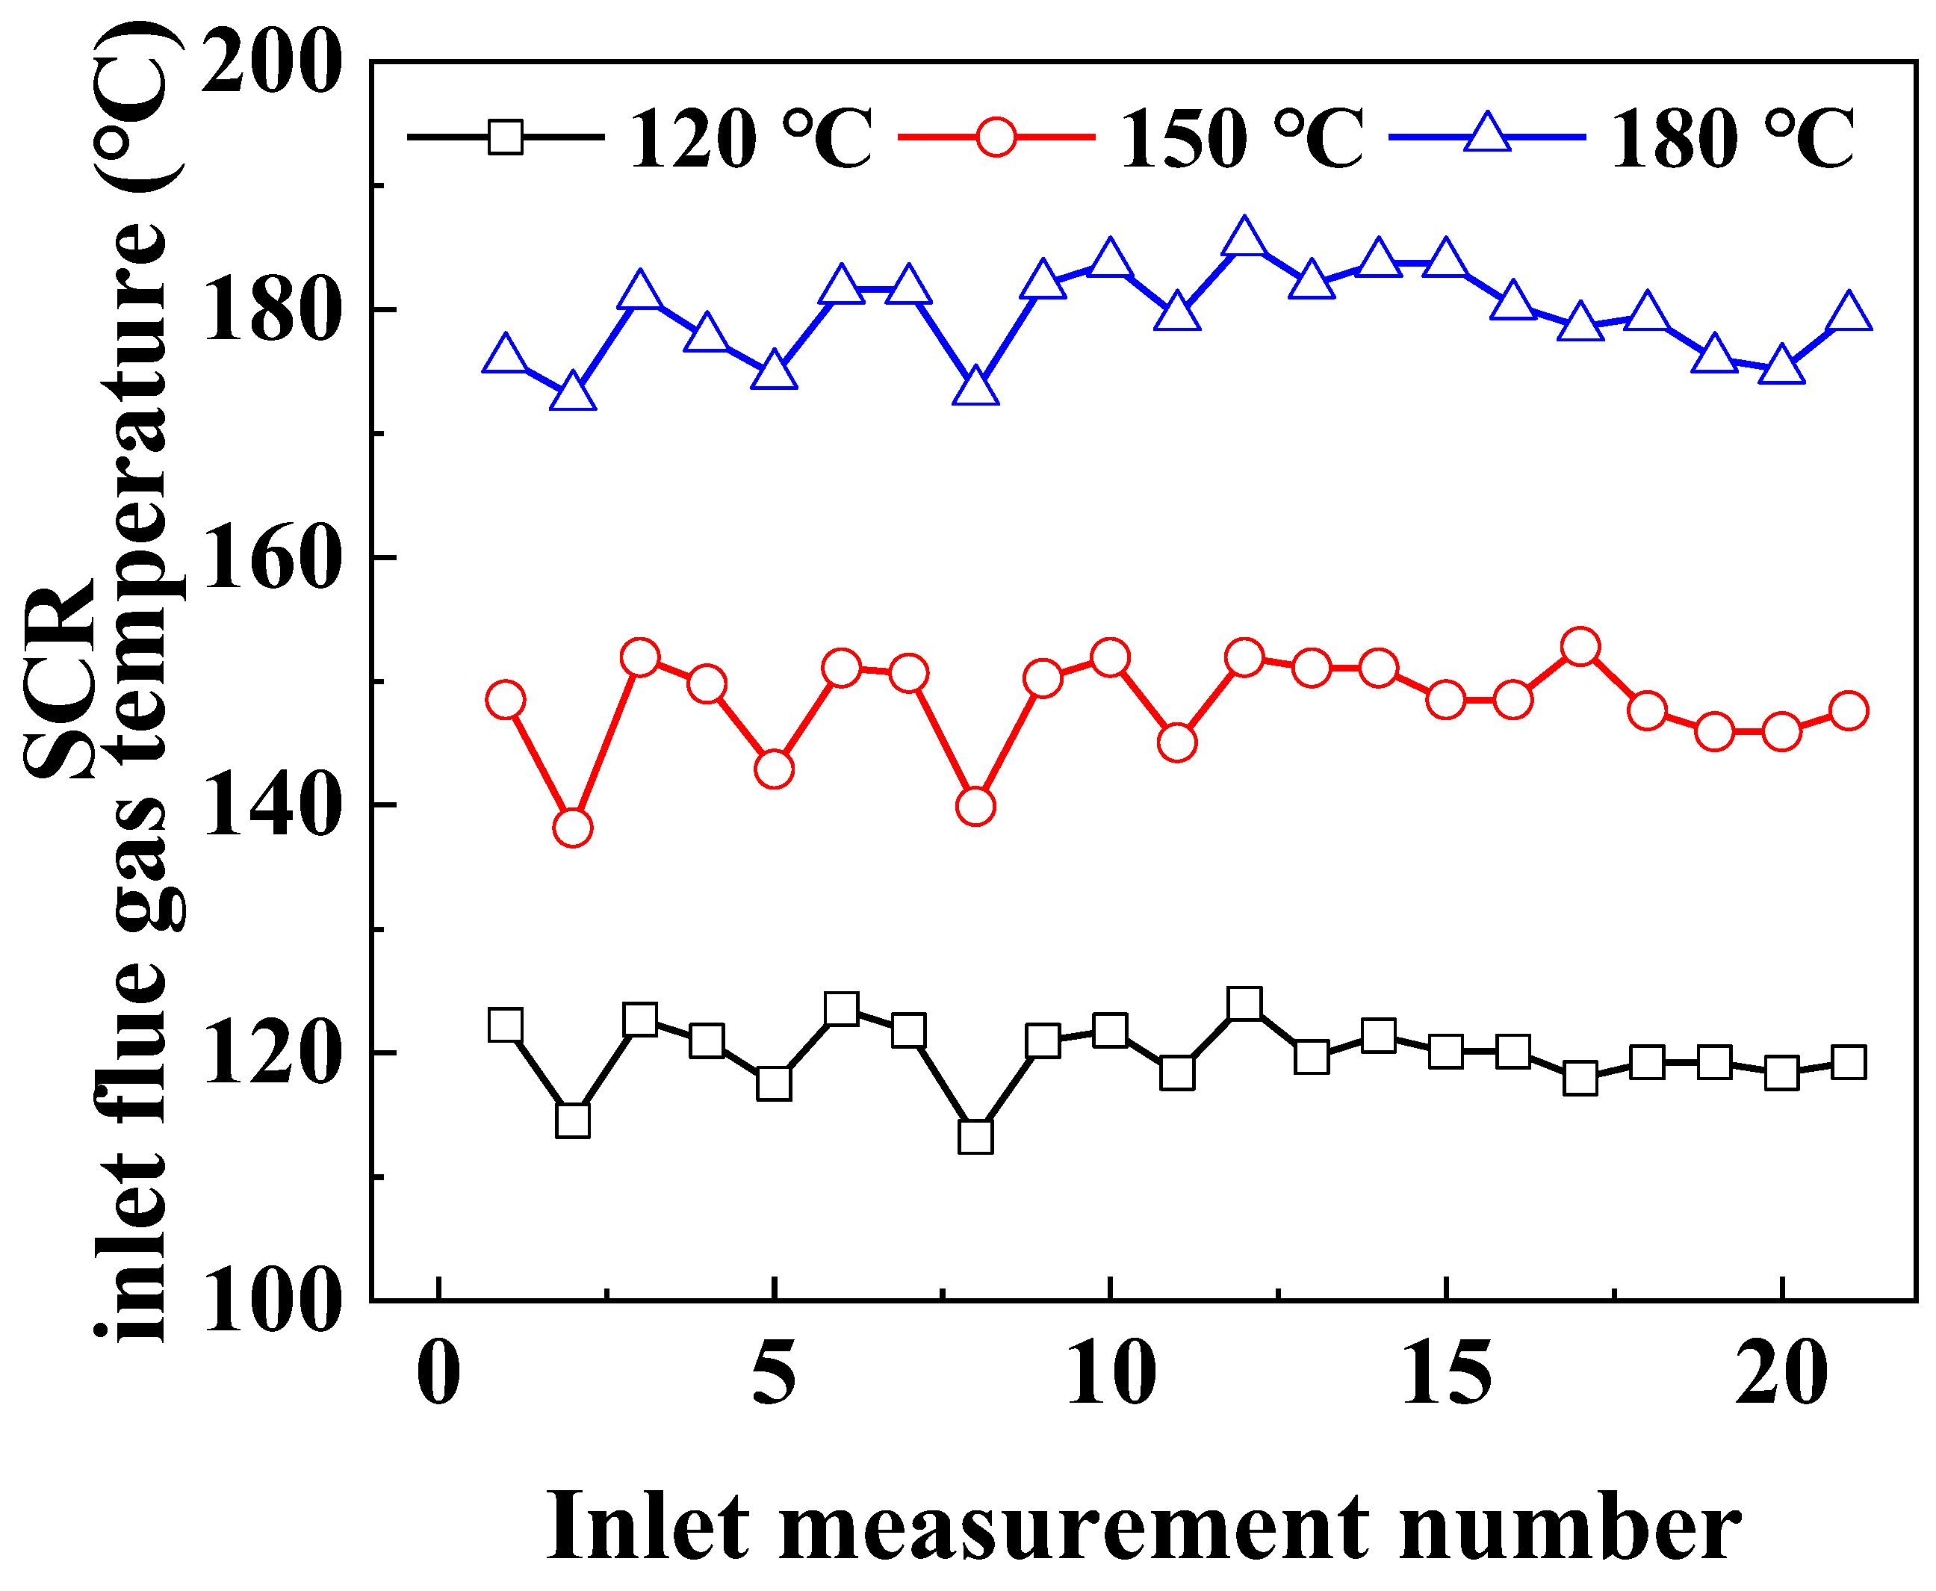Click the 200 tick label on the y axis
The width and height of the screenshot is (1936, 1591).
271,64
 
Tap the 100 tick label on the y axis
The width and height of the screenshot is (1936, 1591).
271,1301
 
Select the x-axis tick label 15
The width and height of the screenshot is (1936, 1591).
1446,1374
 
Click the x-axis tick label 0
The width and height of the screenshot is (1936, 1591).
439,1374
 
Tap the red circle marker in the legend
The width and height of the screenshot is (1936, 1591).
996,137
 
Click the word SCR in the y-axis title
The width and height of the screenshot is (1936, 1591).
60,678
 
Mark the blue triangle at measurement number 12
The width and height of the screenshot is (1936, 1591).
1244,239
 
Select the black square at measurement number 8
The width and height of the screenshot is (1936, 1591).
975,1136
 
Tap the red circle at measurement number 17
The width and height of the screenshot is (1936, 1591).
1580,647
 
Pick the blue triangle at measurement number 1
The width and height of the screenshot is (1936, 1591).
505,356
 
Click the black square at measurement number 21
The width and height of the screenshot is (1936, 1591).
1848,1062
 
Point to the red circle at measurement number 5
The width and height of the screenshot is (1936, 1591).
775,769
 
